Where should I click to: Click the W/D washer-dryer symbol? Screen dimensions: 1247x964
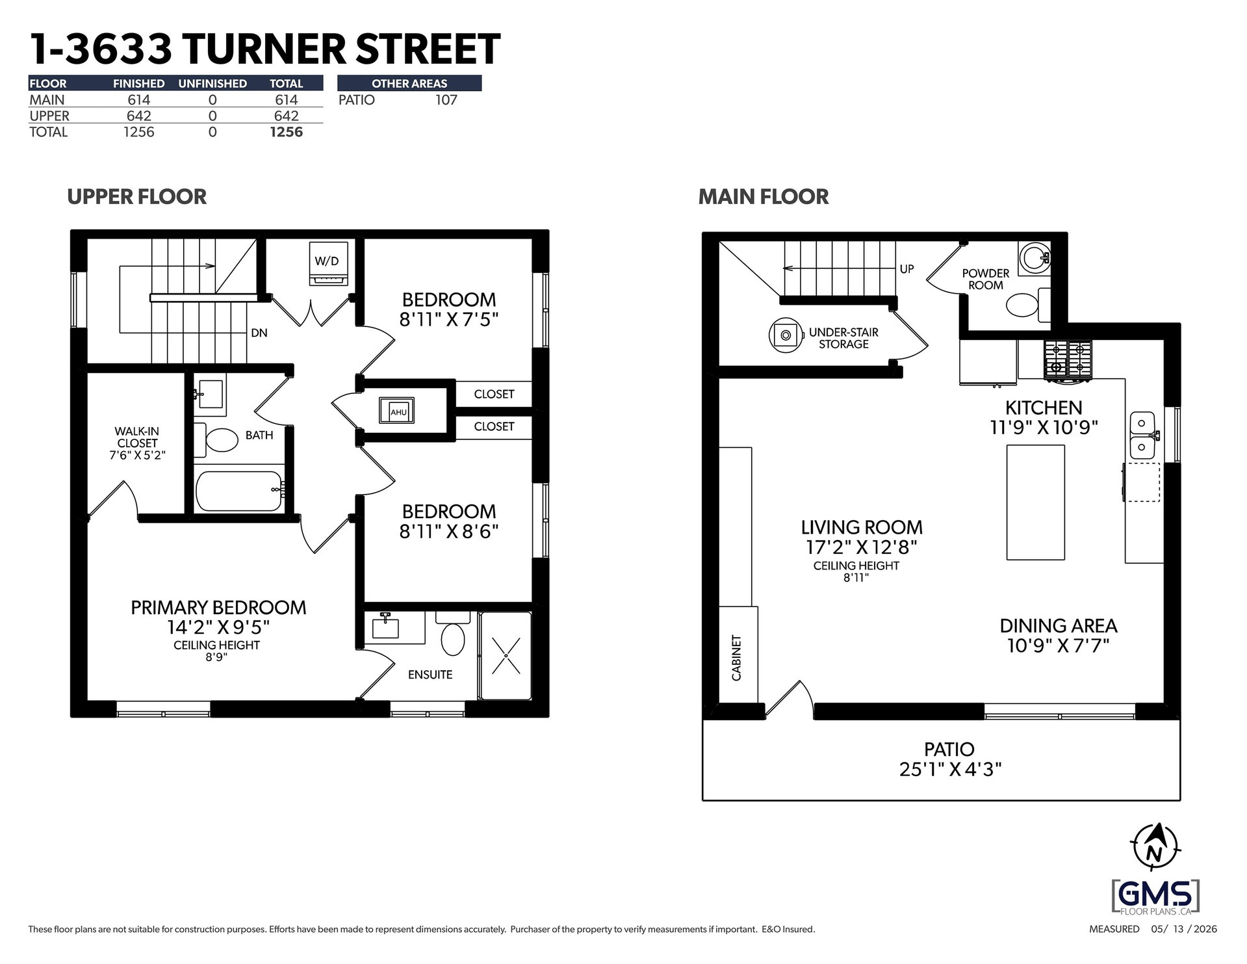tap(328, 263)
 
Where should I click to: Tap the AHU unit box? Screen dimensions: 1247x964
tap(397, 411)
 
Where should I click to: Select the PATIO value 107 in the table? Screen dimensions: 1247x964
tap(446, 100)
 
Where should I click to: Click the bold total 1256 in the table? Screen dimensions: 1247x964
tap(287, 132)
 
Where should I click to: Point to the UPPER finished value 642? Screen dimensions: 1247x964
tap(139, 116)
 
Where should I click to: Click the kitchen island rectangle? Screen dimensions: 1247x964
tap(1036, 502)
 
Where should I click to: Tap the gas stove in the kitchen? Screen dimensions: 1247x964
tap(1068, 360)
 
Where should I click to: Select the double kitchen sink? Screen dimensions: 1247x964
tap(1142, 434)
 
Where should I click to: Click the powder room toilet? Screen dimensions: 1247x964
tap(1027, 305)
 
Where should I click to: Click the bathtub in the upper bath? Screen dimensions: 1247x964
tap(239, 492)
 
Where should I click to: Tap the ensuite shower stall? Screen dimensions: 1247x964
tap(505, 655)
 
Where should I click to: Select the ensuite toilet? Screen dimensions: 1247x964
tap(452, 634)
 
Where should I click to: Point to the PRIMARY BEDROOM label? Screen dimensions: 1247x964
tap(218, 608)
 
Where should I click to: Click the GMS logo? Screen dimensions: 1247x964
tap(1155, 896)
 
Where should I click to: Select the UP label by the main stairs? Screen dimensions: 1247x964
tap(906, 268)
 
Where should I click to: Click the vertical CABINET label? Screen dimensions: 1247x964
tap(736, 658)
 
